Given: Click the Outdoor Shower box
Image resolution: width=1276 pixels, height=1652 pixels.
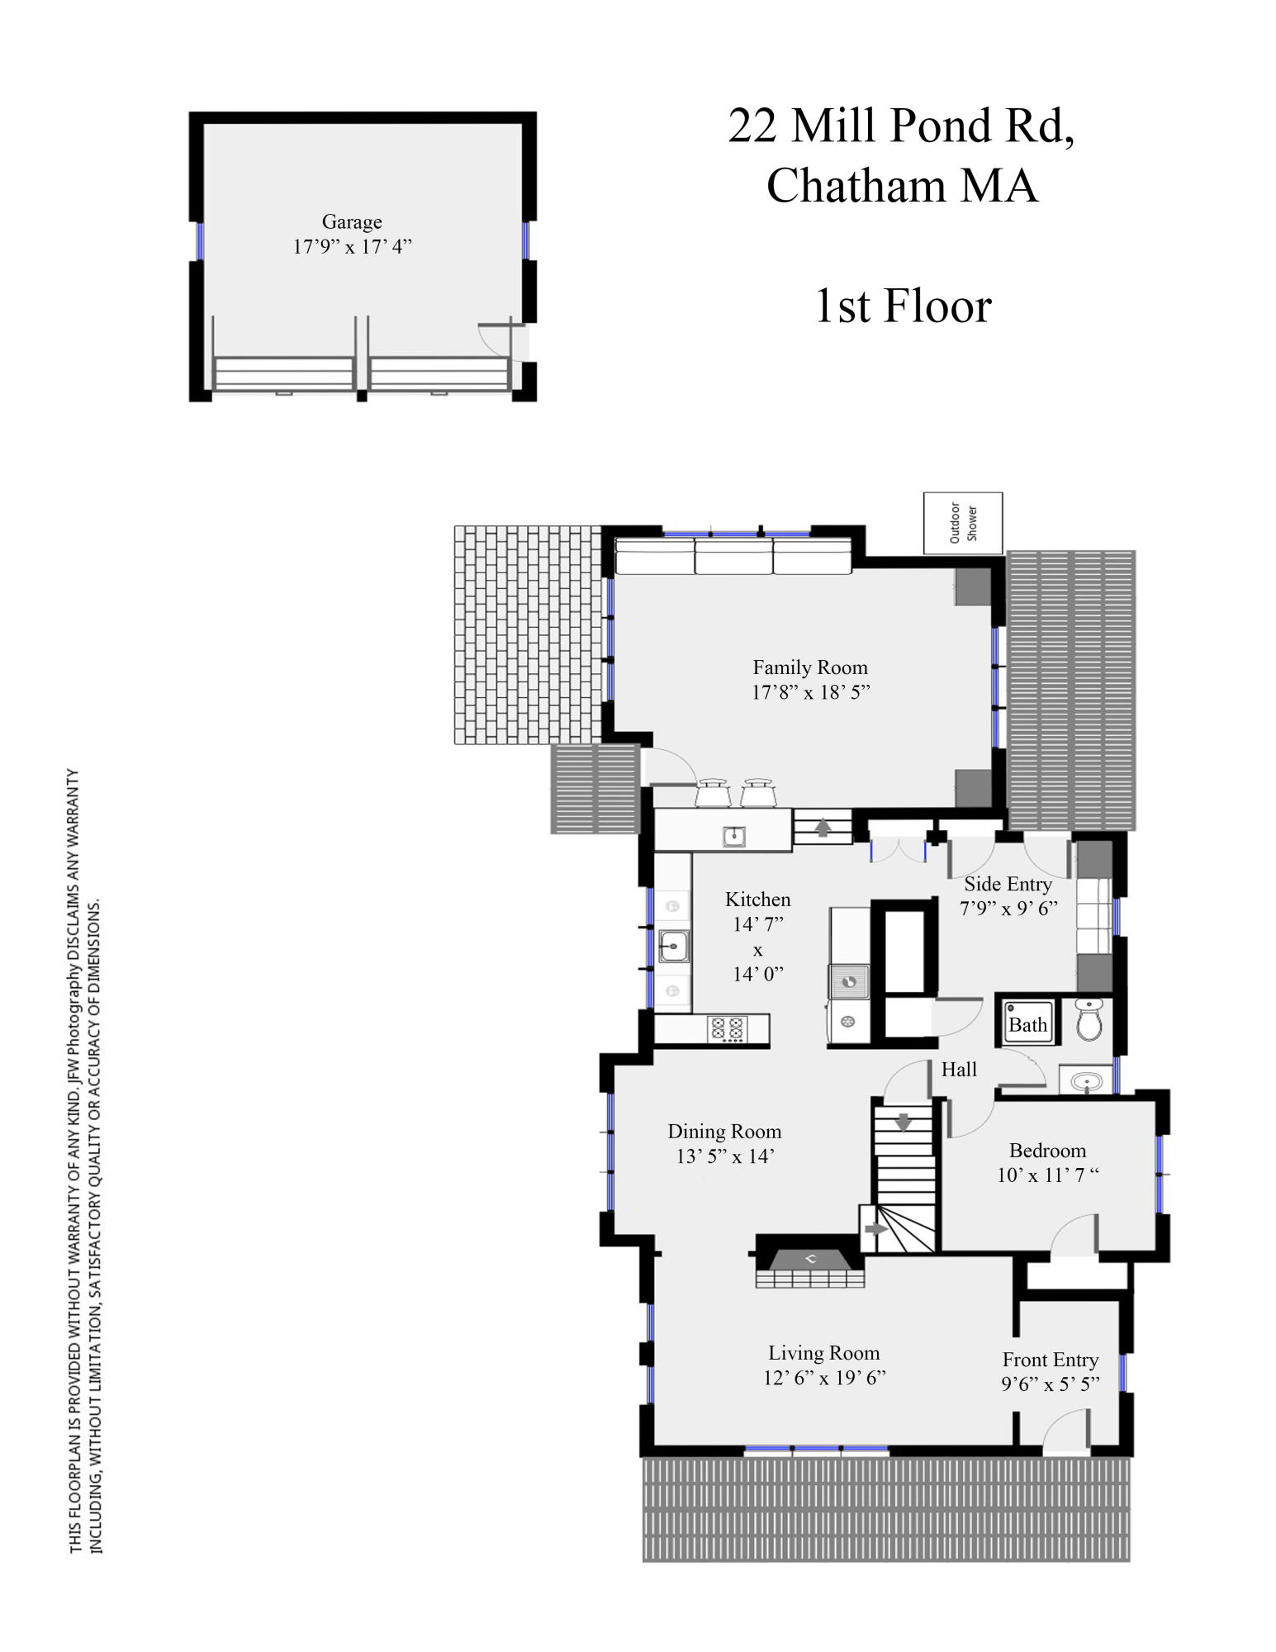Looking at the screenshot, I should pyautogui.click(x=962, y=523).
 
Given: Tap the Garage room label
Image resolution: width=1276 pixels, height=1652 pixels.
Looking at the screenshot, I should pyautogui.click(x=352, y=221).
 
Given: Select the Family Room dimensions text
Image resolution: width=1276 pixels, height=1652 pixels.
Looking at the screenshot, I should pyautogui.click(x=810, y=692).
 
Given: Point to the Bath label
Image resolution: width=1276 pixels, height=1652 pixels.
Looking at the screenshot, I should pyautogui.click(x=1027, y=1025).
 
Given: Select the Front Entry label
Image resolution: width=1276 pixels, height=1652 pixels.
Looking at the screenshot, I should pyautogui.click(x=1050, y=1360).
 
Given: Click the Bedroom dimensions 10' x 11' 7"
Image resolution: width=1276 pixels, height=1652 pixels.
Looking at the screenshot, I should pyautogui.click(x=1047, y=1175).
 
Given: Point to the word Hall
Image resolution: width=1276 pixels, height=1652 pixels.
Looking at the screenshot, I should pyautogui.click(x=959, y=1070).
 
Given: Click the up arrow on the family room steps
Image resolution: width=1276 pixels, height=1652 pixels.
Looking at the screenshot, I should pyautogui.click(x=823, y=827).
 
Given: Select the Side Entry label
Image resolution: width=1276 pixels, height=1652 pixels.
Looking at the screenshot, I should pyautogui.click(x=1008, y=885).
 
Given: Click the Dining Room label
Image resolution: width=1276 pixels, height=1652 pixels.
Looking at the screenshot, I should pyautogui.click(x=724, y=1132).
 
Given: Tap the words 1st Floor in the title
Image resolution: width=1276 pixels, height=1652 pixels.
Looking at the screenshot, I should pyautogui.click(x=903, y=306).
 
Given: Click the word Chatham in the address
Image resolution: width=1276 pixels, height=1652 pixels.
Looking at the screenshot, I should pyautogui.click(x=856, y=186).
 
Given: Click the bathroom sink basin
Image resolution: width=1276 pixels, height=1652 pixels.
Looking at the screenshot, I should pyautogui.click(x=1085, y=1080).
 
